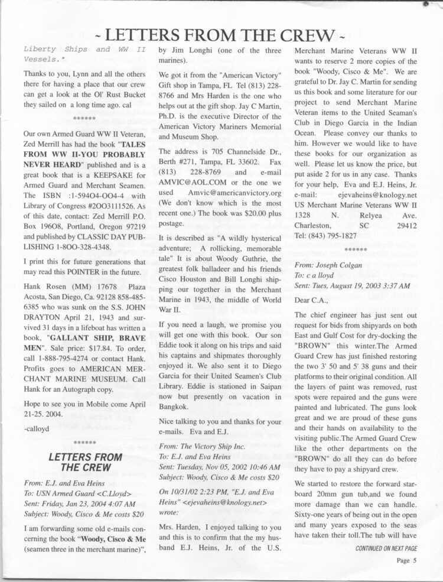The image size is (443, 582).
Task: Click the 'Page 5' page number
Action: (x=406, y=561)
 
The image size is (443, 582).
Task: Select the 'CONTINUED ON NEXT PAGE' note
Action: (x=386, y=548)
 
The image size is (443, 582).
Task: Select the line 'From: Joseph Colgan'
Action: (x=328, y=265)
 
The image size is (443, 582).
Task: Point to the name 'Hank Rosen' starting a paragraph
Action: (x=43, y=288)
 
